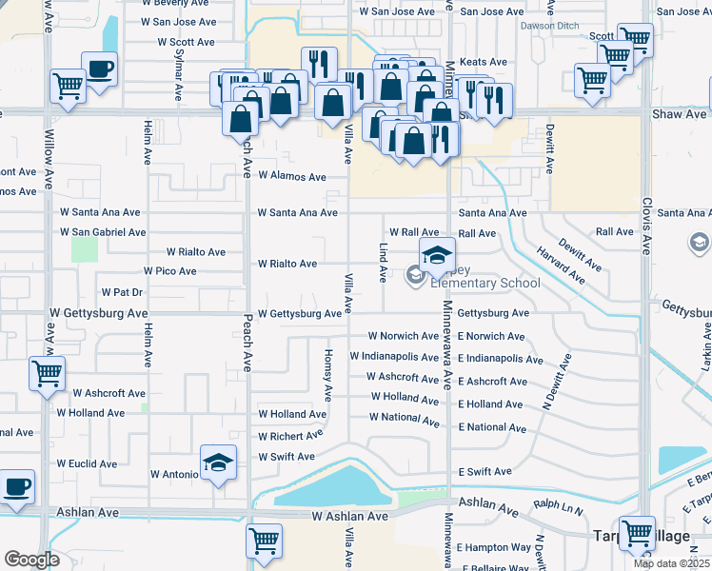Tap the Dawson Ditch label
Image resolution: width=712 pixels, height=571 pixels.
[x=549, y=26]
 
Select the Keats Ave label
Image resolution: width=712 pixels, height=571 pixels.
[x=483, y=62]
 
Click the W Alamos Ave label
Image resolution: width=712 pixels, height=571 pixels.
[x=291, y=177]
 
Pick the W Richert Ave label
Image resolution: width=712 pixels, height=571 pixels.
[x=291, y=436]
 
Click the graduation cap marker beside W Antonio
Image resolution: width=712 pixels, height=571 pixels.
[x=219, y=463]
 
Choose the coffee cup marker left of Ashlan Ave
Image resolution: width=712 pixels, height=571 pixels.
[x=17, y=487]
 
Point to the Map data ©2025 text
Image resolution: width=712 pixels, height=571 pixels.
[x=672, y=563]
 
